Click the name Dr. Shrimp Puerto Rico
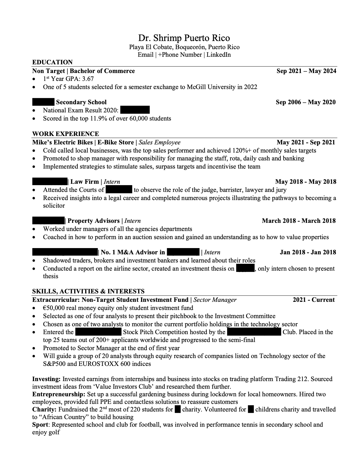tap(184, 38)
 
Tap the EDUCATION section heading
tap(52, 62)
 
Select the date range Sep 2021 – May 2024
tap(306, 71)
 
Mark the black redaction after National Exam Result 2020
tap(135, 110)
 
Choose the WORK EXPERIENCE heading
tap(65, 134)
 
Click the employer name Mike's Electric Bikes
tap(62, 142)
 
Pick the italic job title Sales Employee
tap(159, 142)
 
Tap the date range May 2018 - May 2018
tap(306, 182)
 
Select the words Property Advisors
tap(93, 221)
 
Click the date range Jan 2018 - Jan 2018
tap(308, 252)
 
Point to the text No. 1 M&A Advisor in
tap(133, 252)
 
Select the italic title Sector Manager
tap(215, 300)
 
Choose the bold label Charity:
tap(44, 410)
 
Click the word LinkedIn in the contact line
tap(218, 55)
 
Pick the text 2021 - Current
tap(314, 300)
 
